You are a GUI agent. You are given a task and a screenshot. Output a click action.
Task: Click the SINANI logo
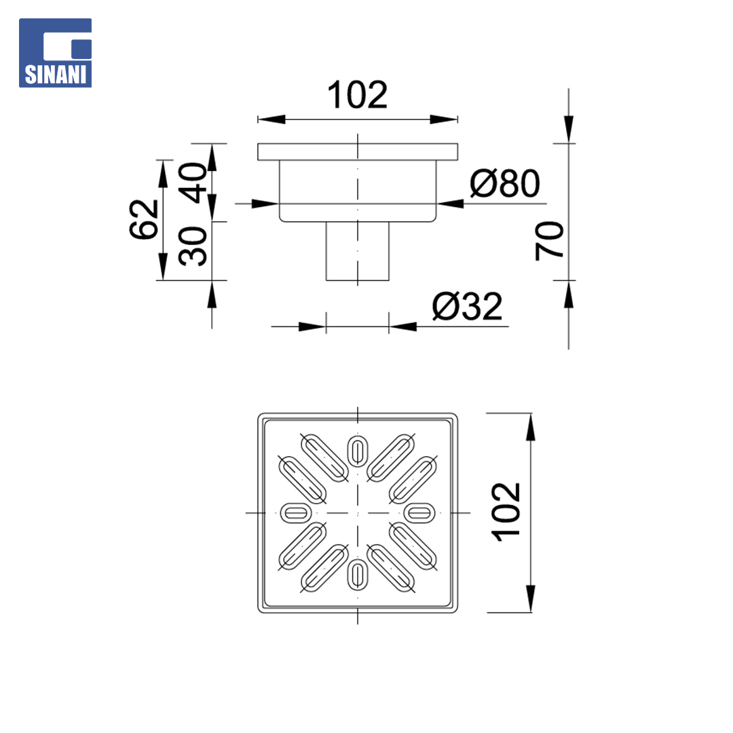coord(55,53)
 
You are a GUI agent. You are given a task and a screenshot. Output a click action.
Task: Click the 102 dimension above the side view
coord(358,95)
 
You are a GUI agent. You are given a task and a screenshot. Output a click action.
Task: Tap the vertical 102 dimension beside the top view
coord(506,512)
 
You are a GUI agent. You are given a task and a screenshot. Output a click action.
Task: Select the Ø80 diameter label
coord(505,183)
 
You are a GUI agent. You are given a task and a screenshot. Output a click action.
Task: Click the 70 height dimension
coord(550,241)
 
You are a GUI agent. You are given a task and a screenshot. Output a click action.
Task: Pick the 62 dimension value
coord(144,219)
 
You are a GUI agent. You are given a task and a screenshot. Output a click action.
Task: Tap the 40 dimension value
coord(193,183)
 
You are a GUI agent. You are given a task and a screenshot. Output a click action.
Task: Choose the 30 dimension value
coord(193,246)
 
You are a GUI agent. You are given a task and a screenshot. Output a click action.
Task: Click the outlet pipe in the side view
coord(358,251)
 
